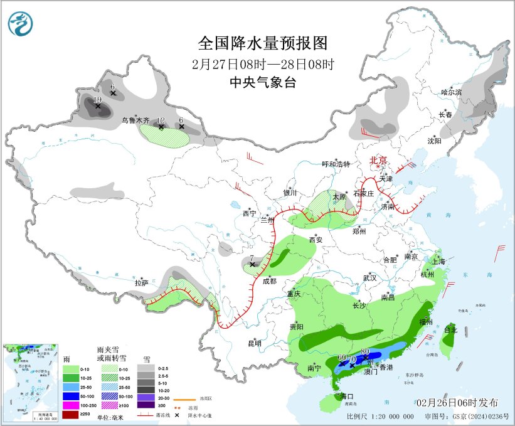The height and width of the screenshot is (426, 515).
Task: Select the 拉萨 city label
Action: point(142,283)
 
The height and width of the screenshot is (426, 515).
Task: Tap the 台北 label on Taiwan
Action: point(450,329)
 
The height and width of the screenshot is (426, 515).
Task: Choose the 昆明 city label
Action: point(254,343)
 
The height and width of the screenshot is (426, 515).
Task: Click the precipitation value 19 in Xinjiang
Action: point(97,100)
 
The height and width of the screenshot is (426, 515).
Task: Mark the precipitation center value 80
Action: point(365,351)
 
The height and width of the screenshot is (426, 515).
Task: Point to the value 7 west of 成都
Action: point(251,258)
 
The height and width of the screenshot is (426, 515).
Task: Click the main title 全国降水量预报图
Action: point(263,43)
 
